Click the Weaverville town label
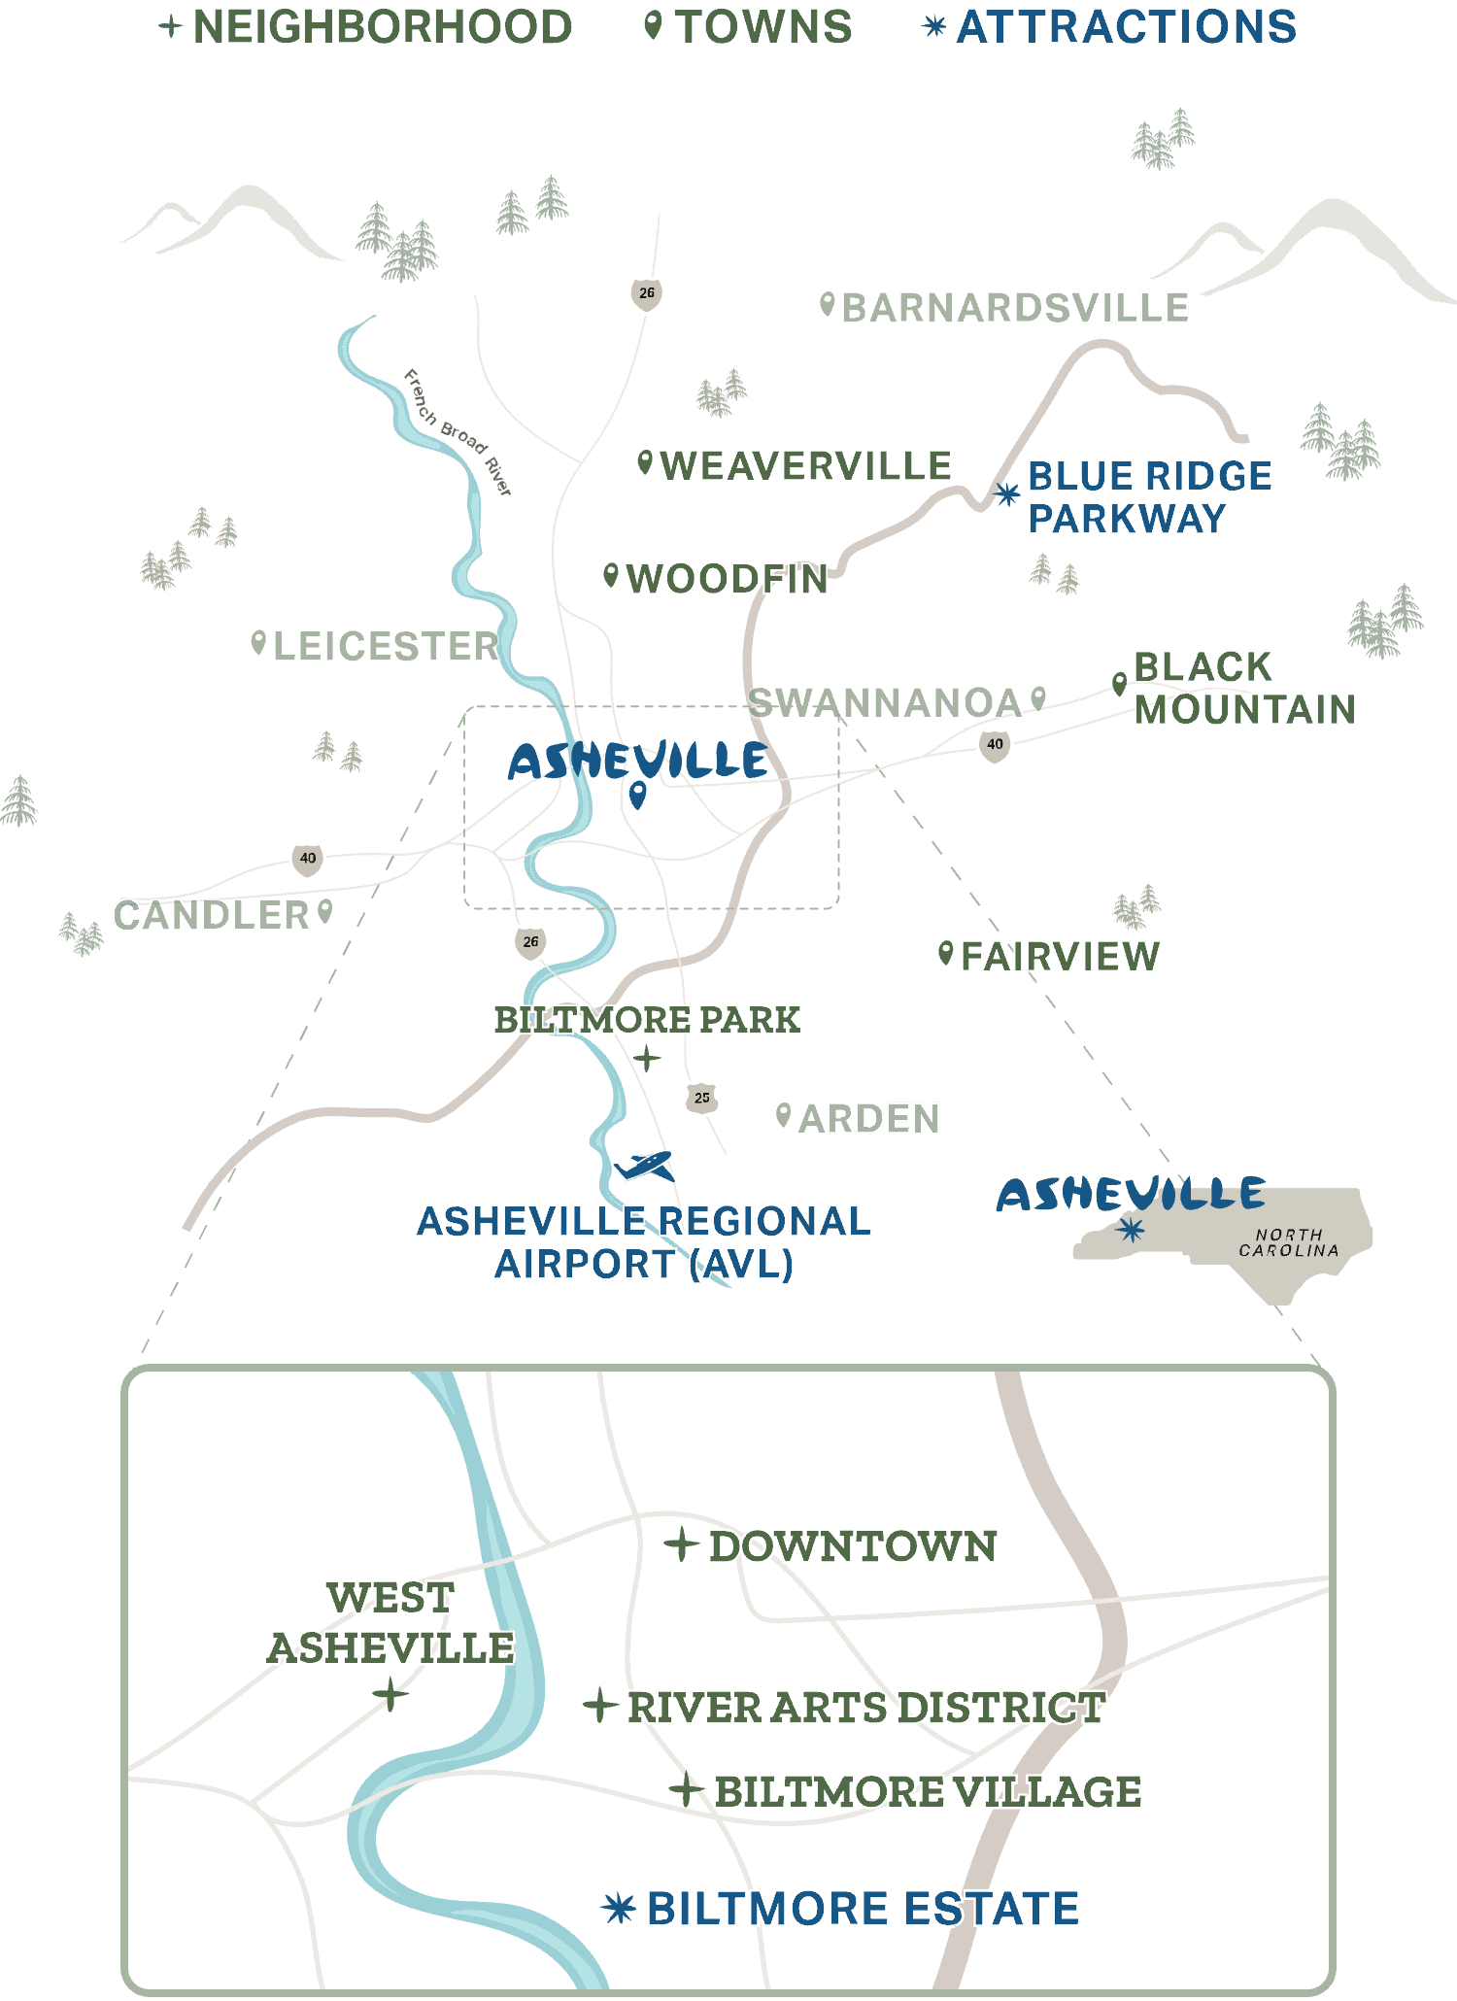(x=805, y=466)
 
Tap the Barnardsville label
(x=1015, y=308)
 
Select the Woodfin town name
(x=727, y=579)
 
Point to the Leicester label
(x=386, y=646)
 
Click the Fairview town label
(x=1060, y=957)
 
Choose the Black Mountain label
(x=1243, y=688)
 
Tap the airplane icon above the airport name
(x=645, y=1165)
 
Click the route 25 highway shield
(x=701, y=1098)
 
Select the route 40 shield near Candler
(x=308, y=859)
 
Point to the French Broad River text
(x=457, y=432)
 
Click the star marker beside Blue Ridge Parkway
(x=1006, y=494)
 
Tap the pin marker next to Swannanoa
(x=1038, y=698)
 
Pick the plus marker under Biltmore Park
(x=647, y=1058)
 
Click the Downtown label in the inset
(x=852, y=1546)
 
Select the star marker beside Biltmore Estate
(x=618, y=1908)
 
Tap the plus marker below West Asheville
(x=390, y=1696)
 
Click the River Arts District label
(x=865, y=1707)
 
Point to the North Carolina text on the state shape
(x=1288, y=1242)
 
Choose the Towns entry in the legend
(x=763, y=27)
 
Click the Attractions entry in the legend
(x=1126, y=27)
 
